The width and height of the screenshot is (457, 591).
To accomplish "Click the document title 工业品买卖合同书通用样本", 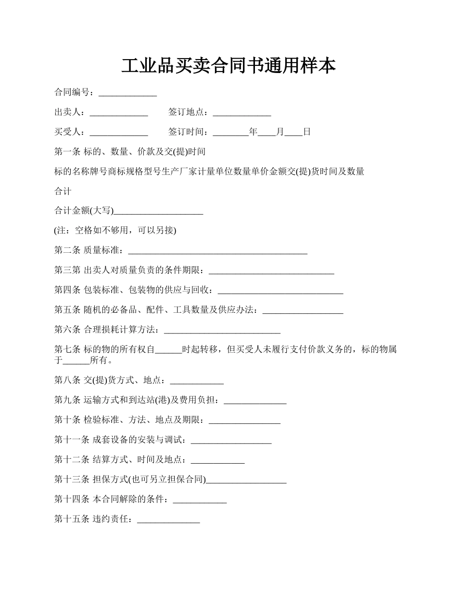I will (228, 66).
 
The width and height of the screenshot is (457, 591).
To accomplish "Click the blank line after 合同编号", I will (127, 93).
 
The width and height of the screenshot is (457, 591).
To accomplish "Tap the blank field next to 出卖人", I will (119, 112).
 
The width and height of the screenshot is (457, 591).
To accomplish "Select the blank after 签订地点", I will (242, 112).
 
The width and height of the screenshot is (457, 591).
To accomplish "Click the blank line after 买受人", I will (119, 132).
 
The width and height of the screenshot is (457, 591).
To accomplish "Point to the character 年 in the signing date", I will (254, 132).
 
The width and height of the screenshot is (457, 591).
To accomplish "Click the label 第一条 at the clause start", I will (67, 152).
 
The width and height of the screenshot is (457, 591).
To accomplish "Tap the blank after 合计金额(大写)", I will (158, 211).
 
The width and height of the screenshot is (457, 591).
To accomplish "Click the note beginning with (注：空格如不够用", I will (115, 231).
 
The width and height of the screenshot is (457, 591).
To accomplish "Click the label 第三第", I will (67, 271).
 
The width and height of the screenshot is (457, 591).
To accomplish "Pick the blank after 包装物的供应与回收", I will (280, 290).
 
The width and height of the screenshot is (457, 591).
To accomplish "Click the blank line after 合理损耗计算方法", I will (222, 330).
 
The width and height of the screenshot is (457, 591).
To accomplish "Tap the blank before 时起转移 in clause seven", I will (168, 350).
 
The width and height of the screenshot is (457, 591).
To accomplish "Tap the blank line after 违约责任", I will (168, 519).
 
